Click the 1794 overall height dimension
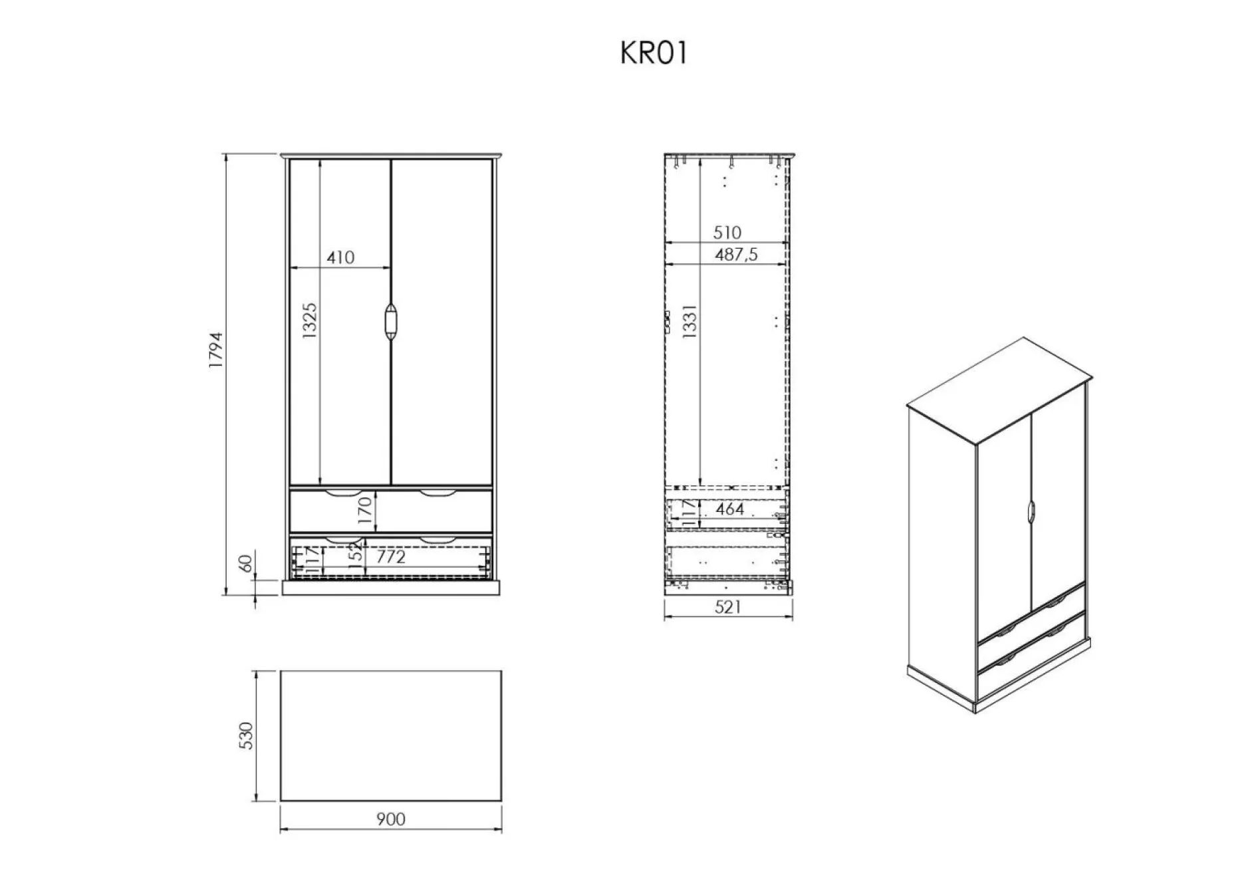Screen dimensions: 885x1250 point(217,350)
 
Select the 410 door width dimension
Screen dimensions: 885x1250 point(340,257)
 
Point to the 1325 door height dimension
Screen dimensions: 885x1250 point(310,321)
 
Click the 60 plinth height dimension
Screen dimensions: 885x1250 point(245,563)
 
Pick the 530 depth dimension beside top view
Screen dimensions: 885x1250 point(246,735)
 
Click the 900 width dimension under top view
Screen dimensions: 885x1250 point(390,819)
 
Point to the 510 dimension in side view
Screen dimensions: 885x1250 point(727,233)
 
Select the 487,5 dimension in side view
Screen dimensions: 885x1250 point(736,255)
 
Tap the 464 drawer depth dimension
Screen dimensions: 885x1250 point(730,509)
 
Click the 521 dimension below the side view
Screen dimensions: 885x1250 point(728,607)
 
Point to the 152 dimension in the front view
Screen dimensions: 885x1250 point(356,551)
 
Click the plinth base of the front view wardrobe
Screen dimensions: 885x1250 point(391,588)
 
